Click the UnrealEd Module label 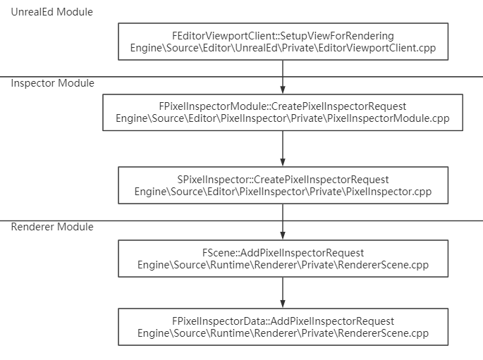[51, 12]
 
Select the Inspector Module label [52, 83]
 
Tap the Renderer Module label [52, 227]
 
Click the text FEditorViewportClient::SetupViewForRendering [283, 36]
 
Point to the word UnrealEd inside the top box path [256, 48]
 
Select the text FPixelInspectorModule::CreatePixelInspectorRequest [283, 106]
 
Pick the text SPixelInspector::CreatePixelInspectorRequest [283, 180]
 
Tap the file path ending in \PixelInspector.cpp [283, 192]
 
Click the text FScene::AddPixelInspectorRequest [283, 253]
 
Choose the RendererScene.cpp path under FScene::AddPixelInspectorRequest [283, 265]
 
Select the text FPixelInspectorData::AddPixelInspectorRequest [283, 321]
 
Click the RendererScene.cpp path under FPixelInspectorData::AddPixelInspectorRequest [283, 333]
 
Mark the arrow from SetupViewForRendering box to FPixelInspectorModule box [283, 77]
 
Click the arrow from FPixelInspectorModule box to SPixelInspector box [283, 149]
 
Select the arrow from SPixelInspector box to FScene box [283, 222]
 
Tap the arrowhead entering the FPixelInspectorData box [283, 304]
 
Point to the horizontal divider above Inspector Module [241, 77]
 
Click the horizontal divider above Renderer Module [241, 221]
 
